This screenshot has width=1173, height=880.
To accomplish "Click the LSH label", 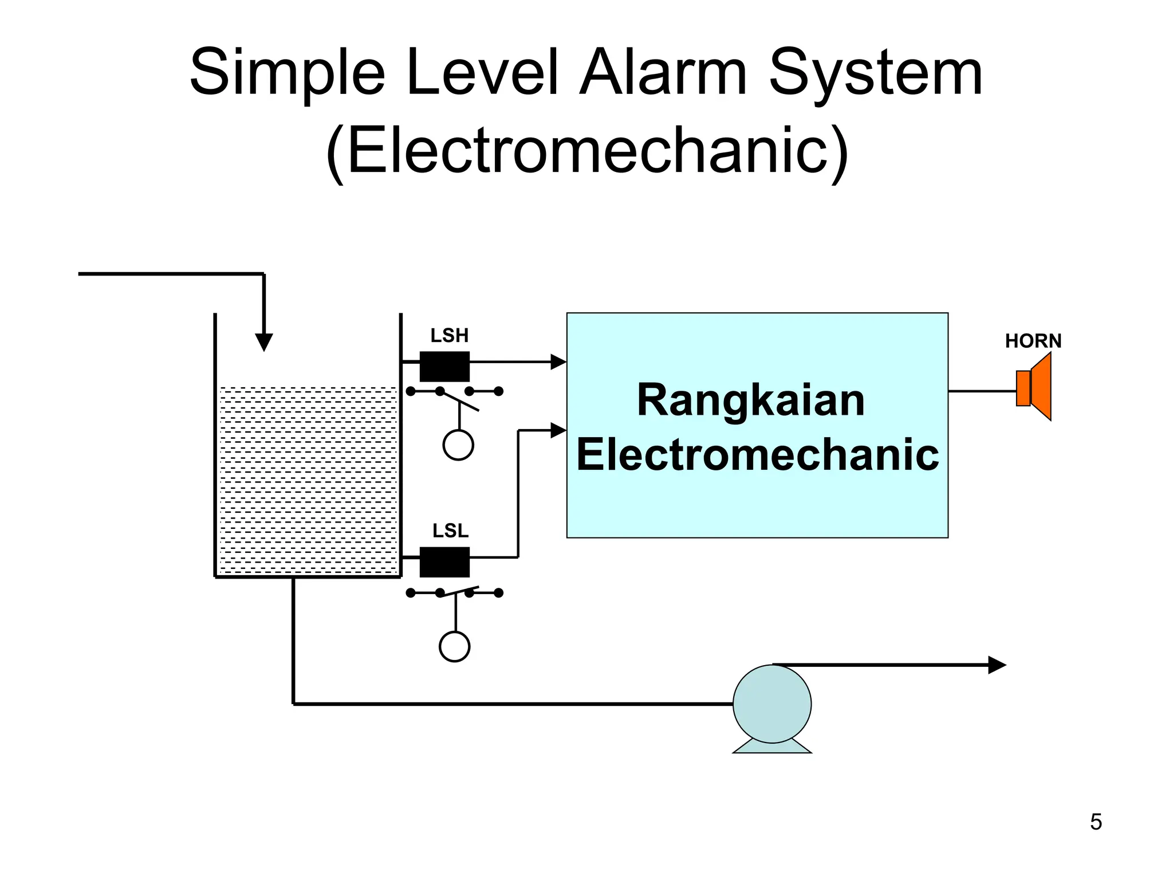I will [x=449, y=336].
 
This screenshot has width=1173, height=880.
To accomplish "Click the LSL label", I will [x=450, y=531].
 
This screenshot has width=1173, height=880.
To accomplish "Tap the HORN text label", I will [x=1033, y=341].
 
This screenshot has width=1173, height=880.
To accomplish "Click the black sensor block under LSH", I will [x=444, y=367].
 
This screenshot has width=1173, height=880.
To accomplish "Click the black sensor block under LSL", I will [x=444, y=562].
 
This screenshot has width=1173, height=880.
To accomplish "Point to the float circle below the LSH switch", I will [x=458, y=445].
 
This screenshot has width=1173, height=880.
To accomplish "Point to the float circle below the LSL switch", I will [x=455, y=647].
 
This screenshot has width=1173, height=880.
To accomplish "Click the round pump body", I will [x=772, y=704].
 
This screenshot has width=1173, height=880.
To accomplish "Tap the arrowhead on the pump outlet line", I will [x=997, y=665].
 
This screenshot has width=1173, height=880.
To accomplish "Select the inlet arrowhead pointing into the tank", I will [x=264, y=342].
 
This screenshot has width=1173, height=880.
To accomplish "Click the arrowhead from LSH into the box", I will [x=557, y=362].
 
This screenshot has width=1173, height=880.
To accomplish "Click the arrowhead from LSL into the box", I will [x=557, y=430].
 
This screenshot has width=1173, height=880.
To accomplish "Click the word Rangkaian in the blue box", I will [x=750, y=400].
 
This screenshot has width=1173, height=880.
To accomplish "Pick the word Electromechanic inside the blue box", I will [x=757, y=455].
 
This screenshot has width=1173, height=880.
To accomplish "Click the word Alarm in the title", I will [x=663, y=73].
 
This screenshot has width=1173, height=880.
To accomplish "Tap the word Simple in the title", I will [x=287, y=73].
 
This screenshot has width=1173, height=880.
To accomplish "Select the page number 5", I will [x=1096, y=822].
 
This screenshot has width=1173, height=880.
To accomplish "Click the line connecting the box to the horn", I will [x=982, y=391].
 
